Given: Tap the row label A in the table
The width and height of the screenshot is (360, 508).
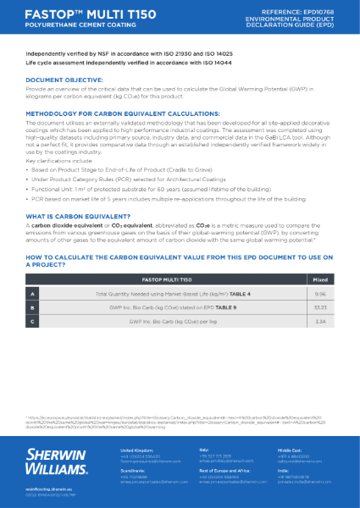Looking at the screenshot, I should coord(33,293).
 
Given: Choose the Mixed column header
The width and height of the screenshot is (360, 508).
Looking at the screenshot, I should coord(319,278).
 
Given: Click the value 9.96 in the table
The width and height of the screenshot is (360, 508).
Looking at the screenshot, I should coord(319,293).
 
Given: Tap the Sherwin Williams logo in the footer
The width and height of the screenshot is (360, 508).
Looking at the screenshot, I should coord(55,461).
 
